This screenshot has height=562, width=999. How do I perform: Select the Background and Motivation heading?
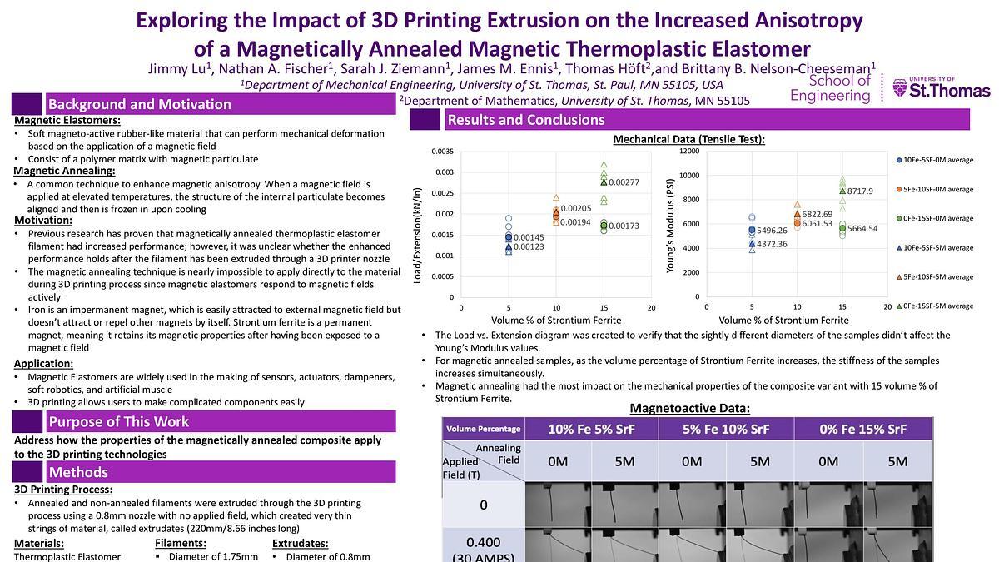coord(139,104)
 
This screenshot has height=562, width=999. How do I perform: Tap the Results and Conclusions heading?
coord(525,120)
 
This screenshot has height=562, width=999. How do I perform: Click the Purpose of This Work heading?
coord(118,421)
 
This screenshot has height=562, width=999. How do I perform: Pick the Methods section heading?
coord(77,473)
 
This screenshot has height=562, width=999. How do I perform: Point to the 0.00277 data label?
coord(624,182)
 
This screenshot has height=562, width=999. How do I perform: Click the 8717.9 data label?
coord(860,191)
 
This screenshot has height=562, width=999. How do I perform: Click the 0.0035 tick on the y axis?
coord(442,151)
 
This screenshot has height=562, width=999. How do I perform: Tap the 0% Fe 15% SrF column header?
coord(862,430)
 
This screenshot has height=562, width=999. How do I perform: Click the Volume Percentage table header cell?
coord(483,430)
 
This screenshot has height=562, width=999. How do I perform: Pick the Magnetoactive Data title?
coord(689,408)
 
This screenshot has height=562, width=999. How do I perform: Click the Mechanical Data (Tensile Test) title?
coord(688,139)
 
